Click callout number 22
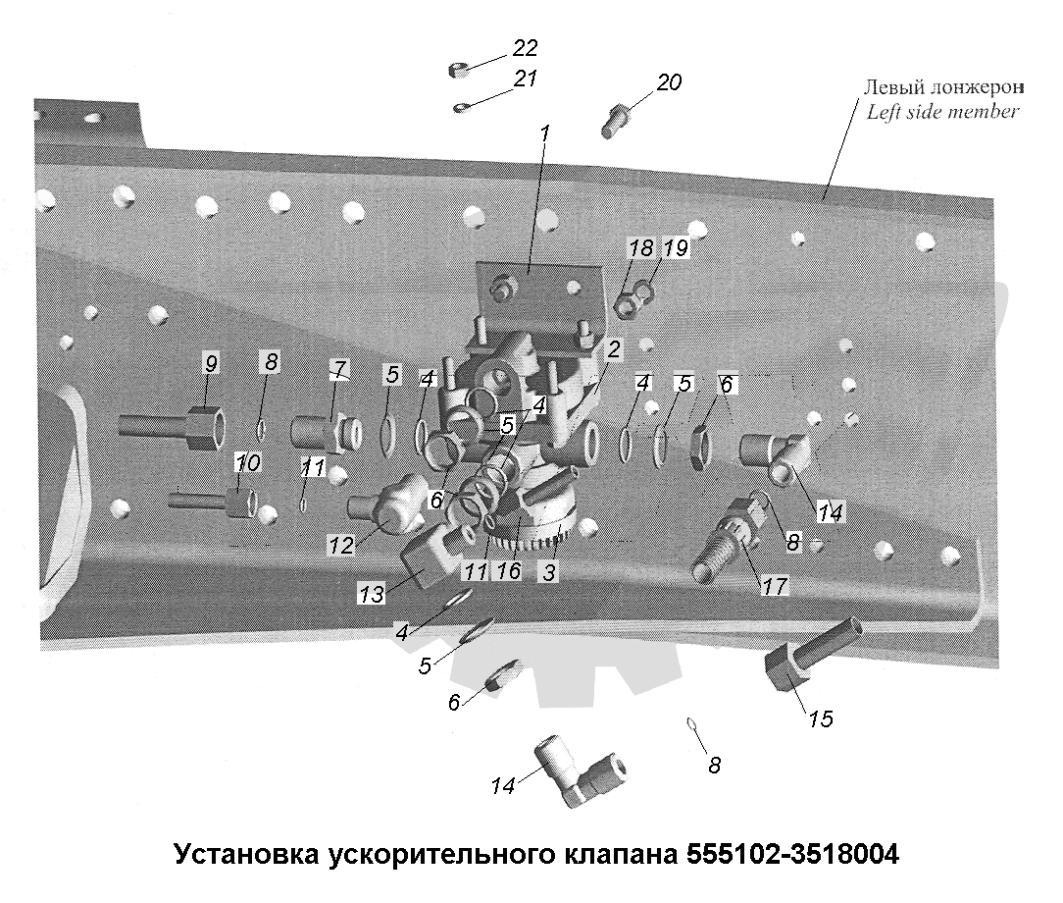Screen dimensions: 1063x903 tap(525, 48)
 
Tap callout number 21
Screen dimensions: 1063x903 tap(525, 79)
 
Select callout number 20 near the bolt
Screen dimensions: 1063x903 tap(669, 82)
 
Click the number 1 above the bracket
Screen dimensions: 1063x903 tap(544, 132)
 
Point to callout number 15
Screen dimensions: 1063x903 tap(821, 718)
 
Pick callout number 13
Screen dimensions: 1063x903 tap(372, 594)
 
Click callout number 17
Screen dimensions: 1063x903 tap(775, 586)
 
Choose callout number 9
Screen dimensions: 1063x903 tap(211, 363)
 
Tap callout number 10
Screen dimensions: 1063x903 tap(249, 462)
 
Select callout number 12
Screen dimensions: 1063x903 tap(341, 545)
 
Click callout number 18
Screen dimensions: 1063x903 tap(640, 248)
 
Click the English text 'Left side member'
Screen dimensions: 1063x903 tap(942, 111)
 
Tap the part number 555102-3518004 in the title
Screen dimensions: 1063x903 tap(793, 853)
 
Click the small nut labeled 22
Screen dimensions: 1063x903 tap(459, 70)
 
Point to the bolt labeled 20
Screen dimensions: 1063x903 tap(616, 121)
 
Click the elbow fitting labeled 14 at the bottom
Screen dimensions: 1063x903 tap(580, 772)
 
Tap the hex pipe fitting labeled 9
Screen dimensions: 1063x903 tap(172, 427)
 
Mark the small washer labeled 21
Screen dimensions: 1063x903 tap(461, 107)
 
